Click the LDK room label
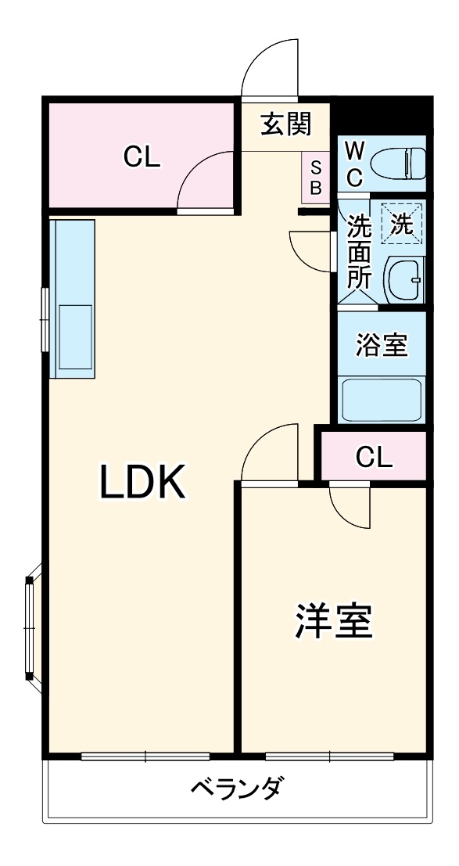pos(142,482)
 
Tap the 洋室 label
pos(333,621)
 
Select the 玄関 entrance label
pos(285,124)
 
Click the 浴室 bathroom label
pos(382,345)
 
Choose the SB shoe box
pos(316,177)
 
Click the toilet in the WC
pos(397,163)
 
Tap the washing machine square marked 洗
pos(401,225)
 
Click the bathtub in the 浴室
pos(382,399)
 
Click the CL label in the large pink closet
pos(142,157)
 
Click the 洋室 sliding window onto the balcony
pos(329,756)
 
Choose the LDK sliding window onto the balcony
pos(145,756)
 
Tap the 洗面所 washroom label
pos(359,252)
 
